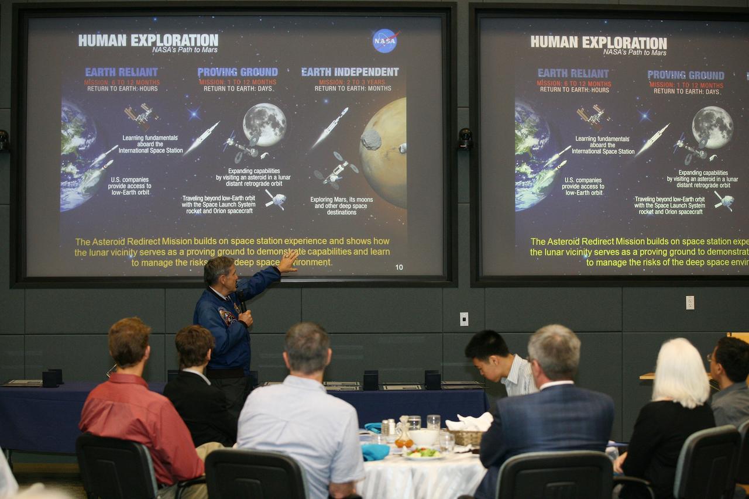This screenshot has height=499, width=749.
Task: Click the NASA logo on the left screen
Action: (x=385, y=40)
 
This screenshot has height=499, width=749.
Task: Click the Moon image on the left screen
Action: (x=264, y=123)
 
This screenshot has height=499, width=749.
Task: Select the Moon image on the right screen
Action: (x=712, y=127)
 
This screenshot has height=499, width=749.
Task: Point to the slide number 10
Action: (x=399, y=267)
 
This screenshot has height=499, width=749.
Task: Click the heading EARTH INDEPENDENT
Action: (x=350, y=72)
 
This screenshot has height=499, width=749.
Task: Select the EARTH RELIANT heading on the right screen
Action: (x=573, y=73)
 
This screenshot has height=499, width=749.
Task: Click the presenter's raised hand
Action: (x=288, y=261)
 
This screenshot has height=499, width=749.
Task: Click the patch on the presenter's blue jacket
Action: (x=226, y=316)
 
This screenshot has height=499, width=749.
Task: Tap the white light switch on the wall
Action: (x=464, y=319)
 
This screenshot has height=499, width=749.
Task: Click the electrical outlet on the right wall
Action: (x=690, y=302)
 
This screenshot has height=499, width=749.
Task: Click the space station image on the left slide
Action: (x=140, y=115)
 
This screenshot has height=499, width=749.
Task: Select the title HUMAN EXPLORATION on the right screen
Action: (x=598, y=43)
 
